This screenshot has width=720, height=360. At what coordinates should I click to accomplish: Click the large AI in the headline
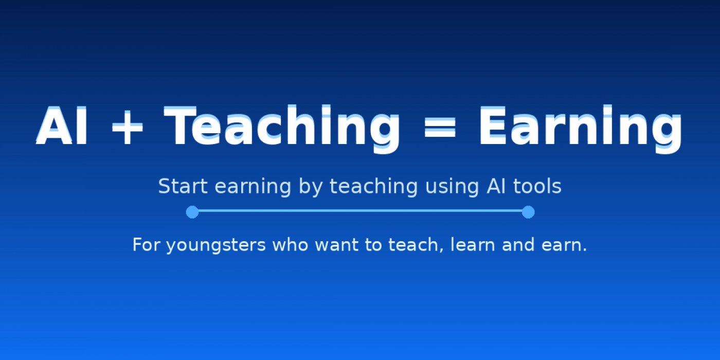click(63, 126)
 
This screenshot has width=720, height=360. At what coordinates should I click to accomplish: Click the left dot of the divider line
click(192, 212)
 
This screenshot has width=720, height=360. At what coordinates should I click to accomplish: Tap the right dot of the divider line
click(528, 212)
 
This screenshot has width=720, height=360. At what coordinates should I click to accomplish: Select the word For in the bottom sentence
click(147, 245)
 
